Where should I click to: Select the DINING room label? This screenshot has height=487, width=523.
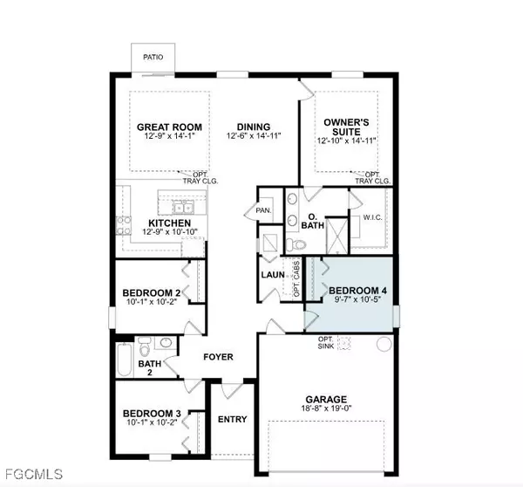[x=253, y=127]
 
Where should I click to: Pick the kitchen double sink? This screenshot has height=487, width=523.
[x=183, y=209]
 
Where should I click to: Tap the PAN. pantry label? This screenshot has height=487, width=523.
[x=262, y=211]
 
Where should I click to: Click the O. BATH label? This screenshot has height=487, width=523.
[x=314, y=222]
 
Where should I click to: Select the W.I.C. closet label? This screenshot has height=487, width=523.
[x=370, y=219]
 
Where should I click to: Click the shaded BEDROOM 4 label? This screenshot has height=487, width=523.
[x=355, y=291]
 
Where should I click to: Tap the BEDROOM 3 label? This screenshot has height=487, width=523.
[x=152, y=413]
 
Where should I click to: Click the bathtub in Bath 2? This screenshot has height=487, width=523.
[x=125, y=358]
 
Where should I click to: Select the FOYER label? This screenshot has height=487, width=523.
[x=217, y=357]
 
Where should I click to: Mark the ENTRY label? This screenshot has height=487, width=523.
[x=232, y=420]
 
